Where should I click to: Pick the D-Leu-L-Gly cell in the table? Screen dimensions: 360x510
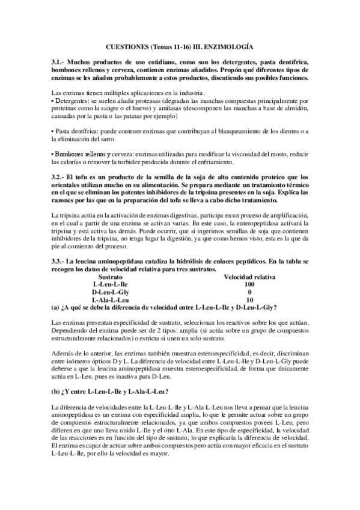(111, 291)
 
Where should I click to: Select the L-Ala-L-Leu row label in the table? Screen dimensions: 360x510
(111, 299)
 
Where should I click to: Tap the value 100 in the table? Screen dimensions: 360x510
(250, 284)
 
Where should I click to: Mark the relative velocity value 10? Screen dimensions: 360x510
(250, 299)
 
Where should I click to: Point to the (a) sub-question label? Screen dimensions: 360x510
(56, 307)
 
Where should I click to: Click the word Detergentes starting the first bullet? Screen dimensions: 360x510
(76, 102)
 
